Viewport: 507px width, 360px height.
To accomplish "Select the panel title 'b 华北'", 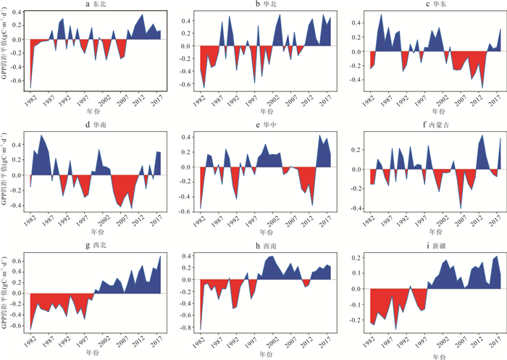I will pyautogui.click(x=264, y=5).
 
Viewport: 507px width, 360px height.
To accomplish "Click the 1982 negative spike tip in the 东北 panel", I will pyautogui.click(x=31, y=88).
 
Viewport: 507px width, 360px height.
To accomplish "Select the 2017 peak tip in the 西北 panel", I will pyautogui.click(x=160, y=256).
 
